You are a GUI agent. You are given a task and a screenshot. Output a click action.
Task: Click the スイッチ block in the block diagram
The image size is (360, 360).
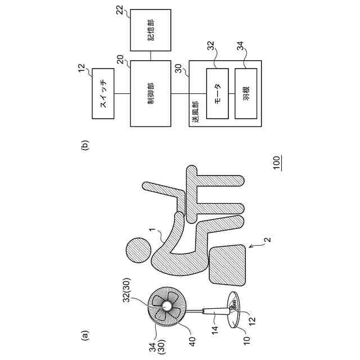point(102,94)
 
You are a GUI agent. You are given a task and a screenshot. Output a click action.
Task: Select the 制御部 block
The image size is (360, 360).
point(150,94)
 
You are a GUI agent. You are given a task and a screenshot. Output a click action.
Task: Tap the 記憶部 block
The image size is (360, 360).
point(150,33)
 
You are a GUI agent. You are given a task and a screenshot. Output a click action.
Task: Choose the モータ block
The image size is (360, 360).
point(218,93)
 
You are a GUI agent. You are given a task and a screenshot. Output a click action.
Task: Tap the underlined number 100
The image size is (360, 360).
point(276,164)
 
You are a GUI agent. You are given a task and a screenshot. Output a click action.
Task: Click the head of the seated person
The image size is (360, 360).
point(137,249)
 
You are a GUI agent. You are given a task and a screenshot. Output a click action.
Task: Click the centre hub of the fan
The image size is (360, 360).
point(167,305)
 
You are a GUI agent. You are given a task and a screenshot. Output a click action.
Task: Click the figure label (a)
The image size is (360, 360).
point(85,336)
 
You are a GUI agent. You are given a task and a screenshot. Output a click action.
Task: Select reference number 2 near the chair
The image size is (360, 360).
point(267,240)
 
